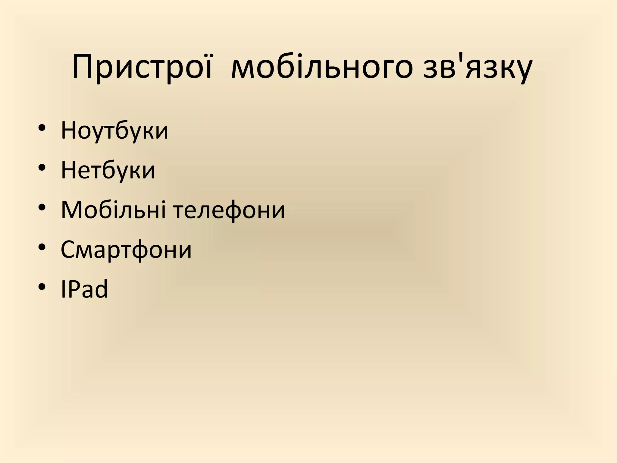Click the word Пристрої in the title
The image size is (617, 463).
tap(142, 68)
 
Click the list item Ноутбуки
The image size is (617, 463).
tap(114, 131)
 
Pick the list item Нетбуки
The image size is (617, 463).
tap(108, 170)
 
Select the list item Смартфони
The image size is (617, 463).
tap(126, 250)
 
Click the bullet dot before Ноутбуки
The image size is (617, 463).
tap(42, 128)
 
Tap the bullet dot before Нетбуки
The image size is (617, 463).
tap(42, 168)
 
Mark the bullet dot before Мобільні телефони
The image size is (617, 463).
tap(42, 207)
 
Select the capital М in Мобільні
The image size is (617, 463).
tap(72, 210)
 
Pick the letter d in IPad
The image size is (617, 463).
tap(101, 289)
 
